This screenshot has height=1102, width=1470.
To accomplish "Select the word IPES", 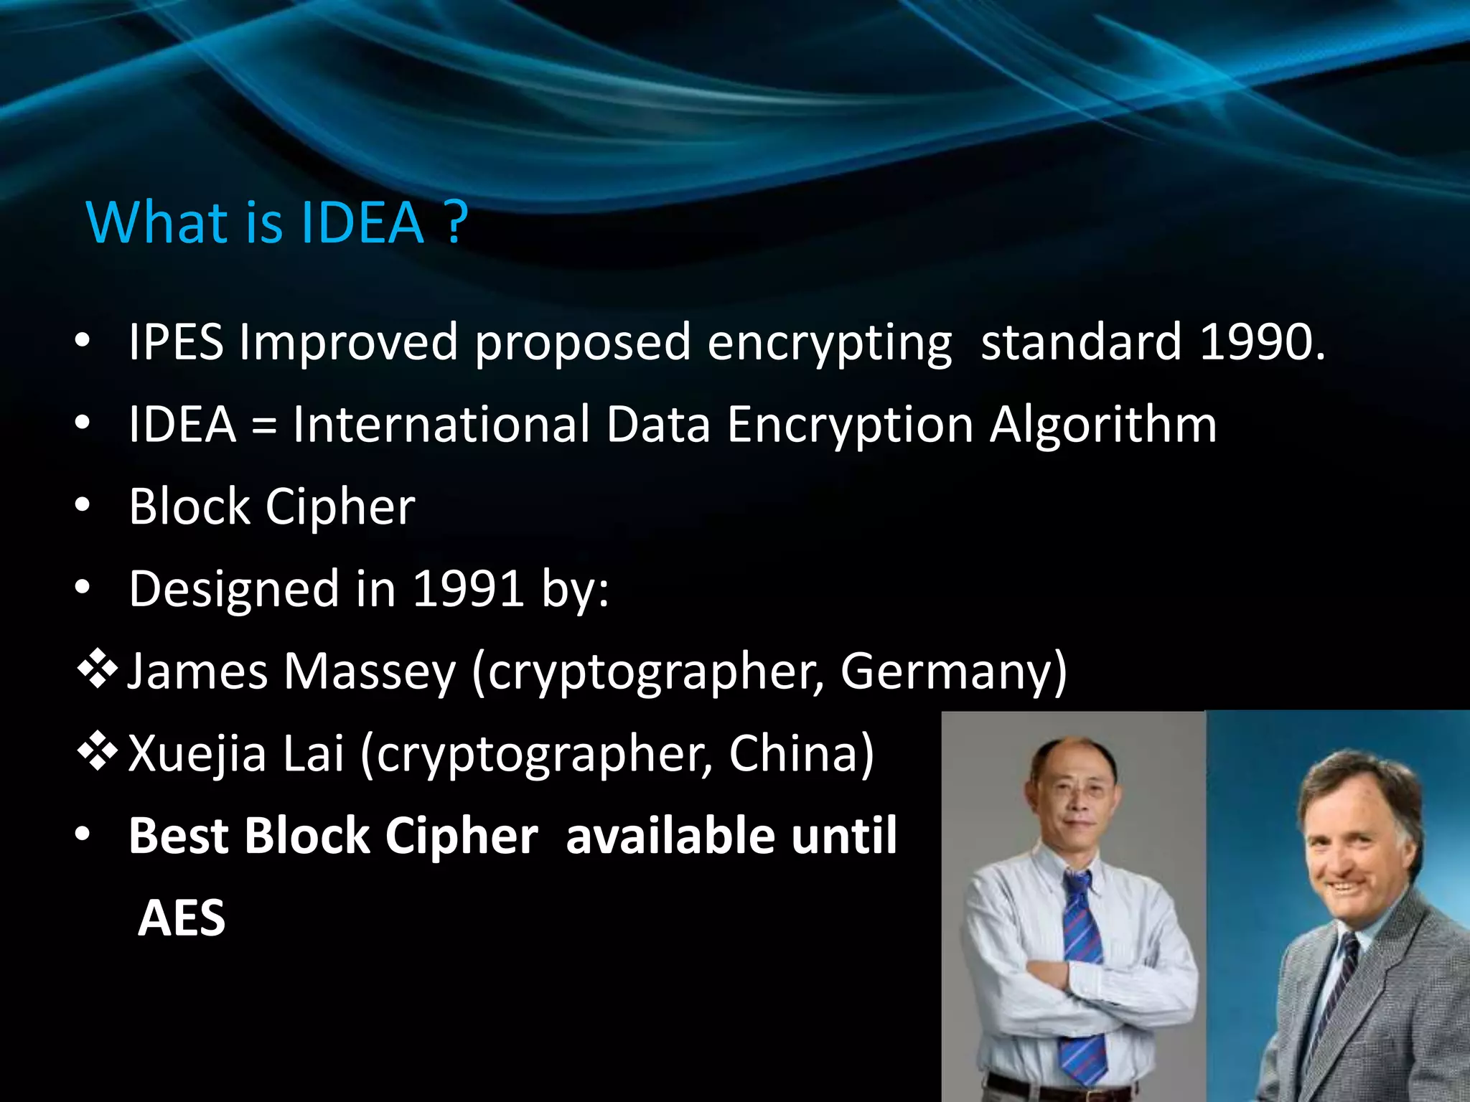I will [x=176, y=342].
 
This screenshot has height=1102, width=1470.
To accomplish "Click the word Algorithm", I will [x=1103, y=425].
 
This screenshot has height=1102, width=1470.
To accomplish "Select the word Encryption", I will [x=850, y=425].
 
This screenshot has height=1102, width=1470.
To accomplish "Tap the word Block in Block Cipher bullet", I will [x=189, y=507].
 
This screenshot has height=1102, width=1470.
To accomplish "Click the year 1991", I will [x=468, y=589].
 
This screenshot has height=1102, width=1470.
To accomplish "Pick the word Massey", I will [x=370, y=672].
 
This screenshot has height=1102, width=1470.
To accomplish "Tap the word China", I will [x=801, y=753].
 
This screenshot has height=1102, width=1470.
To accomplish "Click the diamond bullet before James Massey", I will [x=98, y=671].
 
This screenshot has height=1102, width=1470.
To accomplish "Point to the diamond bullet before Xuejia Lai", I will [x=98, y=753].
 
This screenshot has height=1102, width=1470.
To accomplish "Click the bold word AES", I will [x=181, y=918].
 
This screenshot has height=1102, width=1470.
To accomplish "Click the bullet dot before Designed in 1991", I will [x=83, y=588].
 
